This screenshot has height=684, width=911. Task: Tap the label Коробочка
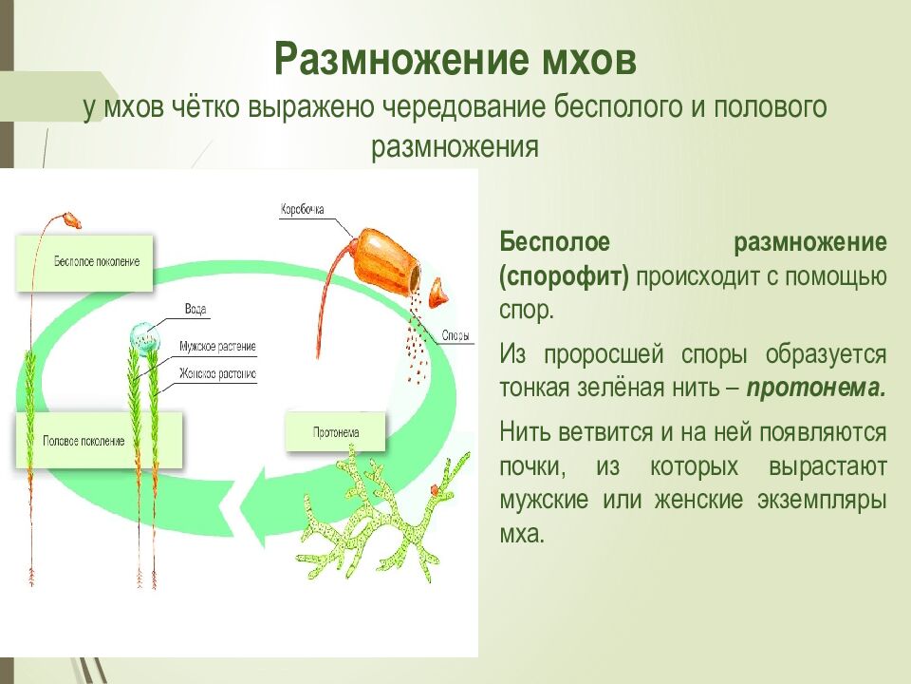coord(303,207)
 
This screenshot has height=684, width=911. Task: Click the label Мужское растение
coord(217,347)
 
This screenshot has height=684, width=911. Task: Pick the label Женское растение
coord(217,374)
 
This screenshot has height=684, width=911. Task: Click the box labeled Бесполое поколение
coord(84,261)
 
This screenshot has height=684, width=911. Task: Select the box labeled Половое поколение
coord(84,441)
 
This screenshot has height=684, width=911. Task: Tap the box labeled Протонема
coord(336,432)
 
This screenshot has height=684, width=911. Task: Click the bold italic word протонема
coord(816,388)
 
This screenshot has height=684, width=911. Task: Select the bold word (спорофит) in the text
coord(565,276)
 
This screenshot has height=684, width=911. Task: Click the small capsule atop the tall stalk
coord(70,220)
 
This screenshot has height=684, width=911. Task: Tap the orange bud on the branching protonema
coord(436,488)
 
